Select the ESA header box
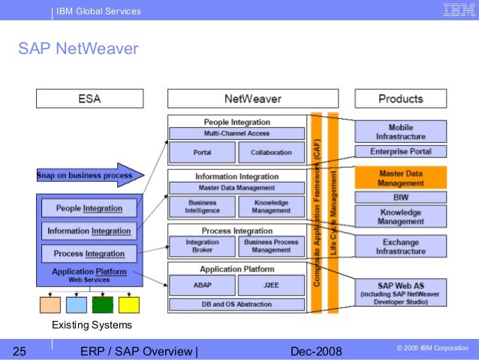90,98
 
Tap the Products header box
400,98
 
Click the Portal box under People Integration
200,152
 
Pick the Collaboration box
270,152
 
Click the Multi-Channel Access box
236,133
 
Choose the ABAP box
200,286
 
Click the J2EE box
270,286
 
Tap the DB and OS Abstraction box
236,304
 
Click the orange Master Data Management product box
401,177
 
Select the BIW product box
401,198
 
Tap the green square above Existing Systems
102,304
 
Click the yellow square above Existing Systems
128,304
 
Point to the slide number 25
20,349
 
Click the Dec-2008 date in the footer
315,349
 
